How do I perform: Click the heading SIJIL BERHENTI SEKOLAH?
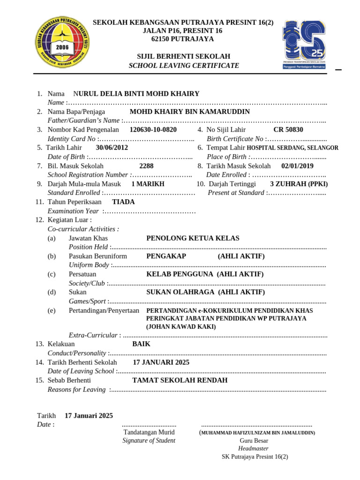click(x=183, y=56)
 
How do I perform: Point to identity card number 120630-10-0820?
click(x=153, y=129)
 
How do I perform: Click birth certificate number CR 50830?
click(x=288, y=129)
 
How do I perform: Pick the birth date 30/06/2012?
click(x=112, y=148)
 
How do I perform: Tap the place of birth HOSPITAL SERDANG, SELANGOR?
click(x=292, y=148)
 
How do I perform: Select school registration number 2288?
click(x=146, y=166)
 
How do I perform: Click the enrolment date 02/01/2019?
click(x=297, y=166)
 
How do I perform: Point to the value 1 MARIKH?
click(x=148, y=184)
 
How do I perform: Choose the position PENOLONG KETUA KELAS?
click(x=193, y=238)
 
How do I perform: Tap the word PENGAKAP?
click(x=166, y=256)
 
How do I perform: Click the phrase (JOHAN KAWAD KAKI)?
click(x=181, y=327)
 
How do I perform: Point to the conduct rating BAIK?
click(x=141, y=344)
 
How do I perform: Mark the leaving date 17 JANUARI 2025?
click(x=161, y=362)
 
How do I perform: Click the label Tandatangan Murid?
click(x=149, y=432)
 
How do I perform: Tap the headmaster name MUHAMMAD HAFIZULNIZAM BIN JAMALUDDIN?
click(x=258, y=433)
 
